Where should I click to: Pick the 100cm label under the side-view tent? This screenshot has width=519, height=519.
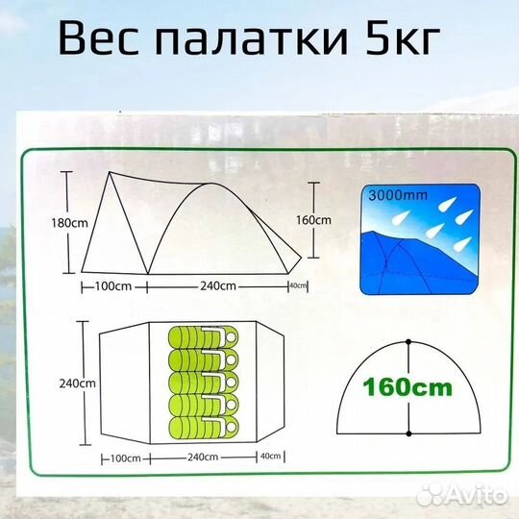[112, 285]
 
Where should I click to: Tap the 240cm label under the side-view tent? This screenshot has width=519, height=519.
[218, 285]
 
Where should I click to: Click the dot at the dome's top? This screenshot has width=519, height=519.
[408, 342]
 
